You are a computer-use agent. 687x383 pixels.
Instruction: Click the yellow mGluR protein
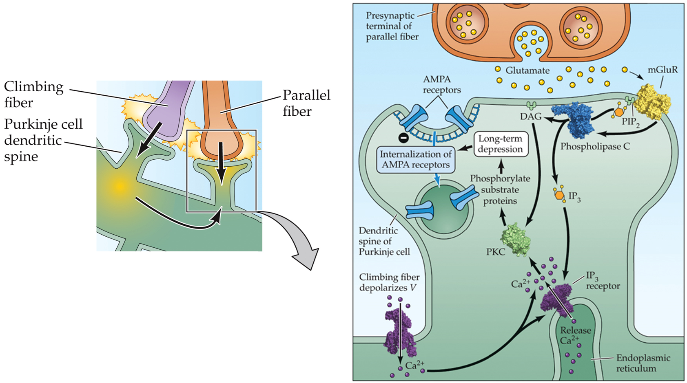653,101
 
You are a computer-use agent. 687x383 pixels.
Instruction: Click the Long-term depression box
500,144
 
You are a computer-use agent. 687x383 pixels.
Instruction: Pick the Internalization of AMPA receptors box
415,159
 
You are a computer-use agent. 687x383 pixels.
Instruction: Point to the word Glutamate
527,70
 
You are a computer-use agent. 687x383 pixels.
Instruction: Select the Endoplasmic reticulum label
643,363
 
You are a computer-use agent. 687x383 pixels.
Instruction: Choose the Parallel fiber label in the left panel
306,103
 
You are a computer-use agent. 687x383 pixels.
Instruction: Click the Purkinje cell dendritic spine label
43,140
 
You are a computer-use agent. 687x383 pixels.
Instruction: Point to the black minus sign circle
403,138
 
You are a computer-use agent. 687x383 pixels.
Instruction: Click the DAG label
530,117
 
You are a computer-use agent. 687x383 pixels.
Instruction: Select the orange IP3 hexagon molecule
559,194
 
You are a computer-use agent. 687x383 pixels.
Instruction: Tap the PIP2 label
630,121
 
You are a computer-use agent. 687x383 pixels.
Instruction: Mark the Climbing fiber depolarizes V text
389,282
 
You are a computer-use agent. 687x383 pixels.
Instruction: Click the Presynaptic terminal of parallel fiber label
392,26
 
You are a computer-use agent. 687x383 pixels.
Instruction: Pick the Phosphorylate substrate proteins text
500,189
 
